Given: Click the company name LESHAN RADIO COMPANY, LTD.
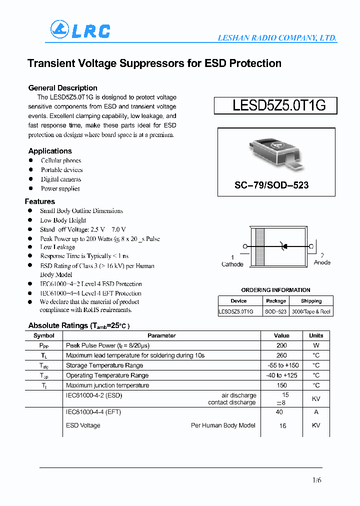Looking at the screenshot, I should pos(276,38).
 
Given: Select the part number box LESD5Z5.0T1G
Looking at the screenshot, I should pos(275,105).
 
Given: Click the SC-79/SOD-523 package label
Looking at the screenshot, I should pos(271,185).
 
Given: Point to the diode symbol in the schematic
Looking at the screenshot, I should pos(283,246).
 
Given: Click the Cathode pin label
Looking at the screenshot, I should pos(232,264).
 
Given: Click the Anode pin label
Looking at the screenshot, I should pos(322,262).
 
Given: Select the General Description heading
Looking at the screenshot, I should pos(62,88).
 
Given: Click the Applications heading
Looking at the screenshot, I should pos(50,151).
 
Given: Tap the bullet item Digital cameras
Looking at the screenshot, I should pos(61,179).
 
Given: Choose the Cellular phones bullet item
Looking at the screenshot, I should pos(61,160).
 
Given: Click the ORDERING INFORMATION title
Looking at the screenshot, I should pos(275,290).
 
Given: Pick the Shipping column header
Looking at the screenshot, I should pos(311,301).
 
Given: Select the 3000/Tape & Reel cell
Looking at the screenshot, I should pos(311,311).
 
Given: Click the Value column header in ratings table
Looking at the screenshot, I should pos(281,335).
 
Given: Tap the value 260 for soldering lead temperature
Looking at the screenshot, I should pos(281,355).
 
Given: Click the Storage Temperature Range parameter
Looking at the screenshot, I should pos(104,365).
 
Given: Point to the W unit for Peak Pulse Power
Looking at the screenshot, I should pos(316,345).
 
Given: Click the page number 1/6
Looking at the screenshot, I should pos(316,480).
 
